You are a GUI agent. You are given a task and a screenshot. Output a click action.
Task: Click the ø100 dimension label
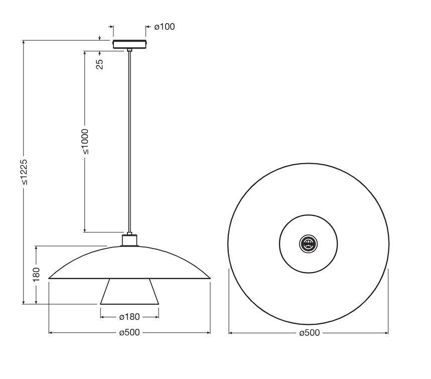(x=165, y=27)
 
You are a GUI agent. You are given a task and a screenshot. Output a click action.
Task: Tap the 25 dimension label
(x=100, y=64)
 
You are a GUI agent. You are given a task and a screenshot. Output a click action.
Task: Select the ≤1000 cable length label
(x=85, y=142)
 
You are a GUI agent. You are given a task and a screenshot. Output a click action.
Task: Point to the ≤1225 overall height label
(x=24, y=172)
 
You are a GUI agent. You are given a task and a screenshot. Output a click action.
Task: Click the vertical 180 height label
(x=36, y=274)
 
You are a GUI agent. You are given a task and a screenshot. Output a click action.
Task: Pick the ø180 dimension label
(x=129, y=317)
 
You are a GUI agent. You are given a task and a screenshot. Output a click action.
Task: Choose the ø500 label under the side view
(x=129, y=332)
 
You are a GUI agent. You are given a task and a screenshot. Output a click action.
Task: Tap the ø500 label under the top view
(x=310, y=333)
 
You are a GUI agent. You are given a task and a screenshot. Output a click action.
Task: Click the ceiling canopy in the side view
(x=130, y=44)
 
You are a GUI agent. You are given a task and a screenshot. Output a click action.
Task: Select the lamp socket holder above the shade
(x=129, y=239)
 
